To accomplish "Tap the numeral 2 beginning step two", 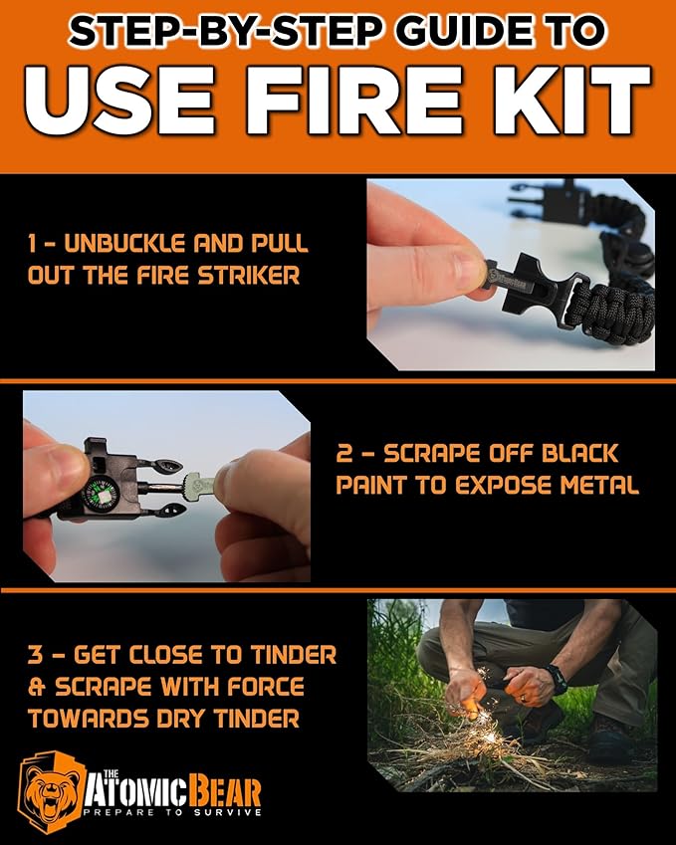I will click(x=344, y=455).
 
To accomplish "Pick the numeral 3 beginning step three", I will click(x=35, y=656).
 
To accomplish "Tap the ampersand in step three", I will click(x=35, y=687).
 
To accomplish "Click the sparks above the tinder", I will click(x=488, y=702).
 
